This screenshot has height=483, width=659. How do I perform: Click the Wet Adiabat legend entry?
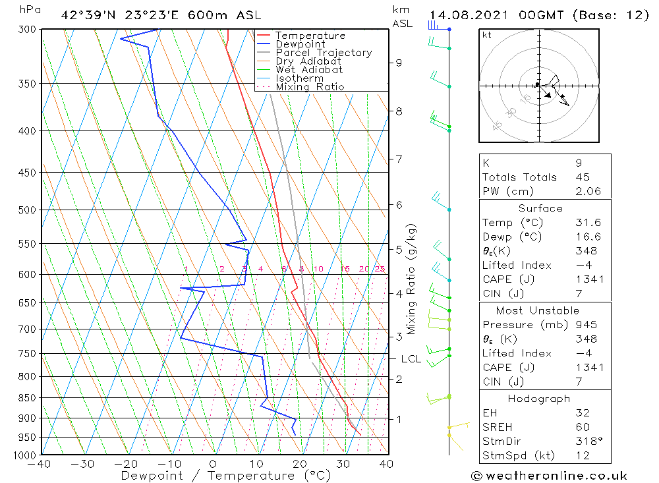coord(309,69)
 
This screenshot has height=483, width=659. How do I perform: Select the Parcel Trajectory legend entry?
coord(324,53)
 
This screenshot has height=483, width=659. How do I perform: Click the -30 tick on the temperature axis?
coord(83,464)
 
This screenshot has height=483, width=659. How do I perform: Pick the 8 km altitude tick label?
coord(399,111)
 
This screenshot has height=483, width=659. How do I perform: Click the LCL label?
coord(411,359)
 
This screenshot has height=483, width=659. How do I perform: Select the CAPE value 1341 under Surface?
coord(588,279)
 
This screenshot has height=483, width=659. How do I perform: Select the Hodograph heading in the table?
coord(540,399)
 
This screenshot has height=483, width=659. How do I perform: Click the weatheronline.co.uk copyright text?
coord(549,476)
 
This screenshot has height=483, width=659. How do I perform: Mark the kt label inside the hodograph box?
coord(487,35)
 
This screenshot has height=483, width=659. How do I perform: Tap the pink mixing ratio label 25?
coord(380,269)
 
